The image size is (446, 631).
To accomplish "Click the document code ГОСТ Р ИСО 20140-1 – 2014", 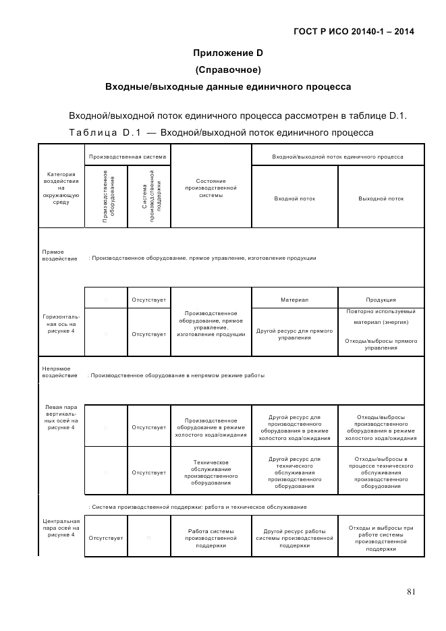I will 354,31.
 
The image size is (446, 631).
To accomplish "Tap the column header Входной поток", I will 294,198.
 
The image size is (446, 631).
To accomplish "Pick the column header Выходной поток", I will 381,198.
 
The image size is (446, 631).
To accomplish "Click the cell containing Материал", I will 294,300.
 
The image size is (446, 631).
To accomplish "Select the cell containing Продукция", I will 381,300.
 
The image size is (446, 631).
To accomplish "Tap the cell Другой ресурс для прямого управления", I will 294,333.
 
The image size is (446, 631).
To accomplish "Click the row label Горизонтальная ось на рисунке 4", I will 61,323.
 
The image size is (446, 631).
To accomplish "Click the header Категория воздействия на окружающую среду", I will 61,188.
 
